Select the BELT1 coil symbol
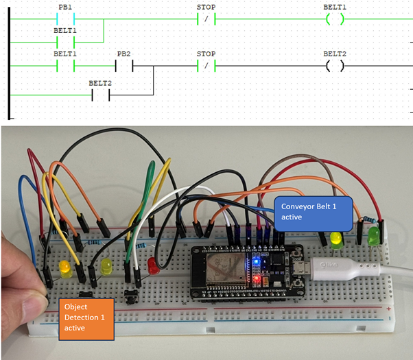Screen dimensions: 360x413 tap(335, 19)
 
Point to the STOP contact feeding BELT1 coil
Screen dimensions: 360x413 tap(206, 19)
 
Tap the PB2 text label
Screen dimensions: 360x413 tap(123, 53)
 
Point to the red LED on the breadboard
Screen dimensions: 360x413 tap(153, 265)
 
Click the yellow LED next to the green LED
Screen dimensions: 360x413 tap(336, 239)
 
